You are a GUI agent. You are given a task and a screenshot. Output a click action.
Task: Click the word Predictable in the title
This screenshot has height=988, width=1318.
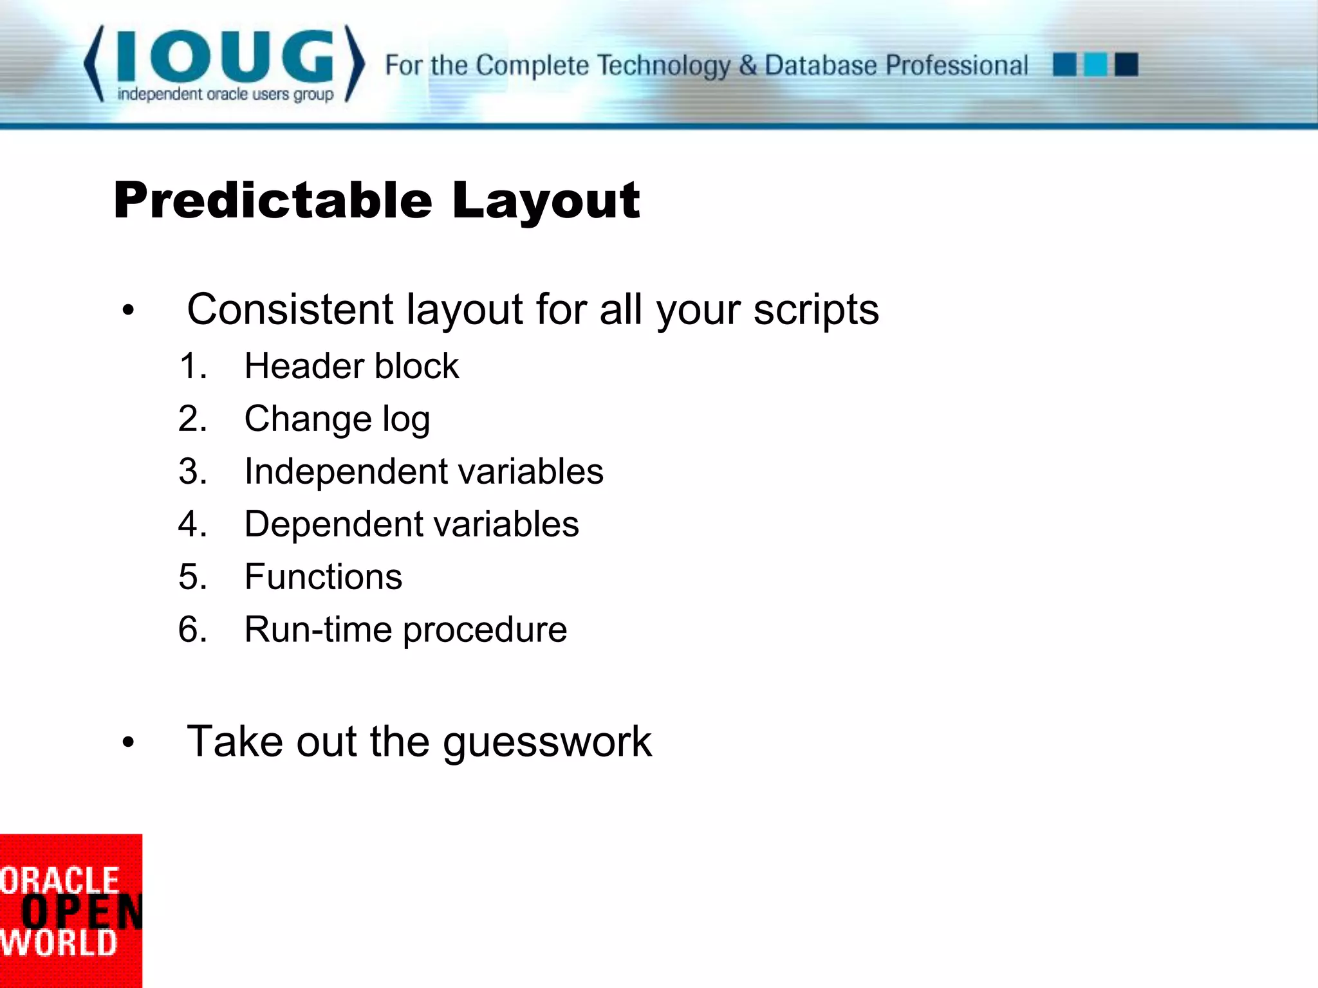click(x=273, y=200)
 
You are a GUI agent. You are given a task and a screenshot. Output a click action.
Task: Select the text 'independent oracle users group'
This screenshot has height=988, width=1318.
click(x=225, y=95)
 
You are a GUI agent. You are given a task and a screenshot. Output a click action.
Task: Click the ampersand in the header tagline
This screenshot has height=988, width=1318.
click(x=747, y=66)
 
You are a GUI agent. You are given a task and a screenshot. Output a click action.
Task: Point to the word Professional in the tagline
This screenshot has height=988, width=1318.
click(x=957, y=66)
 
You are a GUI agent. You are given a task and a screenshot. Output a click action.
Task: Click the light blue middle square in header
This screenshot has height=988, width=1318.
click(x=1095, y=65)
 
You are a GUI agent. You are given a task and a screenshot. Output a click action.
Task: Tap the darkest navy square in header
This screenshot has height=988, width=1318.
click(x=1126, y=65)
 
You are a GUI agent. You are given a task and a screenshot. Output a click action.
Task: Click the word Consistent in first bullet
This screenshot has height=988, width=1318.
click(x=290, y=309)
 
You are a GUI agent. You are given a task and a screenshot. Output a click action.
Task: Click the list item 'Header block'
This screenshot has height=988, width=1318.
click(x=351, y=366)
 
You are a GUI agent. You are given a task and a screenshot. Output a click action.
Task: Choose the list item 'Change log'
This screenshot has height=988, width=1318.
click(x=337, y=419)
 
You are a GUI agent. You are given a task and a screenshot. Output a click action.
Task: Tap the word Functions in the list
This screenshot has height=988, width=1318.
click(x=323, y=576)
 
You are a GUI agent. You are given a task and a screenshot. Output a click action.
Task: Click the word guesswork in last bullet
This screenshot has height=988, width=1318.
click(x=547, y=742)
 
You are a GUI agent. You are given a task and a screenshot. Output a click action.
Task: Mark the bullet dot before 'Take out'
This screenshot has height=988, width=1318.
click(x=129, y=742)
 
